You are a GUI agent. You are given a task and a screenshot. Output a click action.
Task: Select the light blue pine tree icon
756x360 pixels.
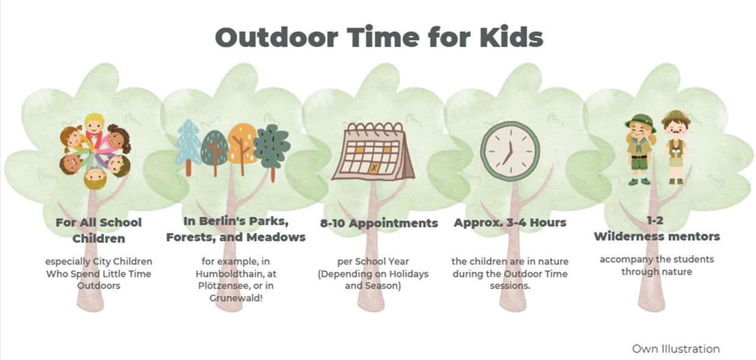tap(189, 147)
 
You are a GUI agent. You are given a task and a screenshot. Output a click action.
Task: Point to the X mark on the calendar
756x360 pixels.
tap(374, 168)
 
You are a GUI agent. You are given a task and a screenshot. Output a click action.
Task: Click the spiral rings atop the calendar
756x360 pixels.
tap(375, 128)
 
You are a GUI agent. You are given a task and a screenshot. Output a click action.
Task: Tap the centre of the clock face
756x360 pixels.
tap(510, 151)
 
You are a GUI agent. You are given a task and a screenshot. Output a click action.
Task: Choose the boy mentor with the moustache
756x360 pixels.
tap(676, 147)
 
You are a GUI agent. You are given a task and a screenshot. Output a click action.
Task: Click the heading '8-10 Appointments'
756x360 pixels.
tap(379, 223)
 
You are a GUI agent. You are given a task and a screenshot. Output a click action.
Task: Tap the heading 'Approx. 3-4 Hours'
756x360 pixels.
tap(510, 222)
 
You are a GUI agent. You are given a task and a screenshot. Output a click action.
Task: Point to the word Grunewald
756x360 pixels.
tap(236, 298)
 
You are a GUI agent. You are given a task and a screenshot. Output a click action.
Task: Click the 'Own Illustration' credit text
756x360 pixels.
tap(675, 348)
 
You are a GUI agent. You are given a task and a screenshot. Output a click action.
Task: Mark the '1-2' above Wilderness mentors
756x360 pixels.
tap(655, 220)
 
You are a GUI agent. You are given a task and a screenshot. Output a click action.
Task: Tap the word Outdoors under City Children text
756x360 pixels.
tap(99, 286)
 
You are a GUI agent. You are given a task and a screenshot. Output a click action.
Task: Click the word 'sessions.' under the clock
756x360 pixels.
tap(510, 286)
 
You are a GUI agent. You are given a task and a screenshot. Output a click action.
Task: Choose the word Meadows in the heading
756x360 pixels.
tap(276, 237)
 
